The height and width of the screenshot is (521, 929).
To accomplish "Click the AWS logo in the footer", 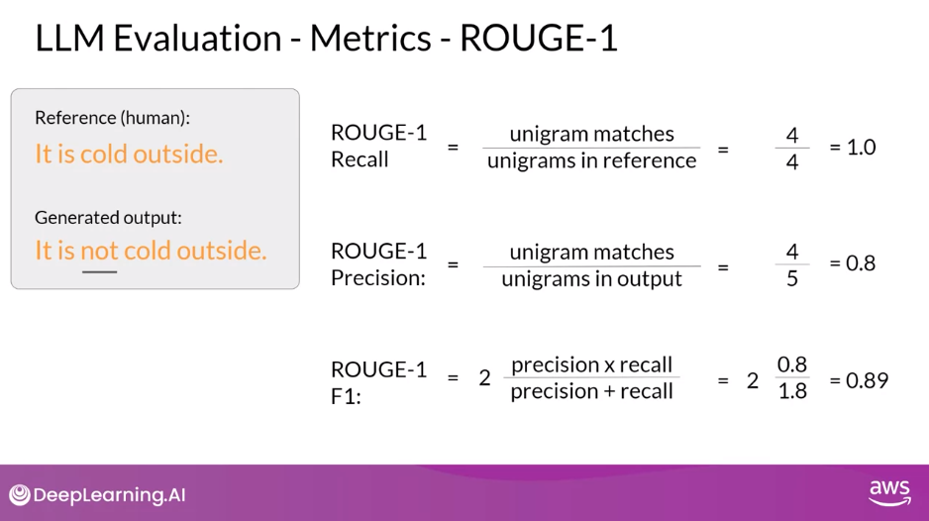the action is point(889,492).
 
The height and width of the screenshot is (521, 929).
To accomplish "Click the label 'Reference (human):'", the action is point(112,118).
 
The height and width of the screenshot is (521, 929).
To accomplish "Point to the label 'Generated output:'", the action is point(108,217).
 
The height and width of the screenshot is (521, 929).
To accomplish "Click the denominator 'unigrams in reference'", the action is point(591,160).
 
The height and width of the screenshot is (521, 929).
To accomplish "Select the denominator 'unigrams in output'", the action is point(591,278).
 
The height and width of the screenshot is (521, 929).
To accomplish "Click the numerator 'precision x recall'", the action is point(591,365).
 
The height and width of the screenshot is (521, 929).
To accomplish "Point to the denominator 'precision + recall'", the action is point(591,391).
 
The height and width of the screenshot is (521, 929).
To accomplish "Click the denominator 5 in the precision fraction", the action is point(792,278).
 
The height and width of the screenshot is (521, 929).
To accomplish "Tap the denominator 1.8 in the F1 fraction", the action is point(792,391).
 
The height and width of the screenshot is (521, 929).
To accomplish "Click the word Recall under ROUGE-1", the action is point(360,159).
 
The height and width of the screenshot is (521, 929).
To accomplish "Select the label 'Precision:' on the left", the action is point(377,277).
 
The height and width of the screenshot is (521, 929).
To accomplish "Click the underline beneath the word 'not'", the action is point(99,270).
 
